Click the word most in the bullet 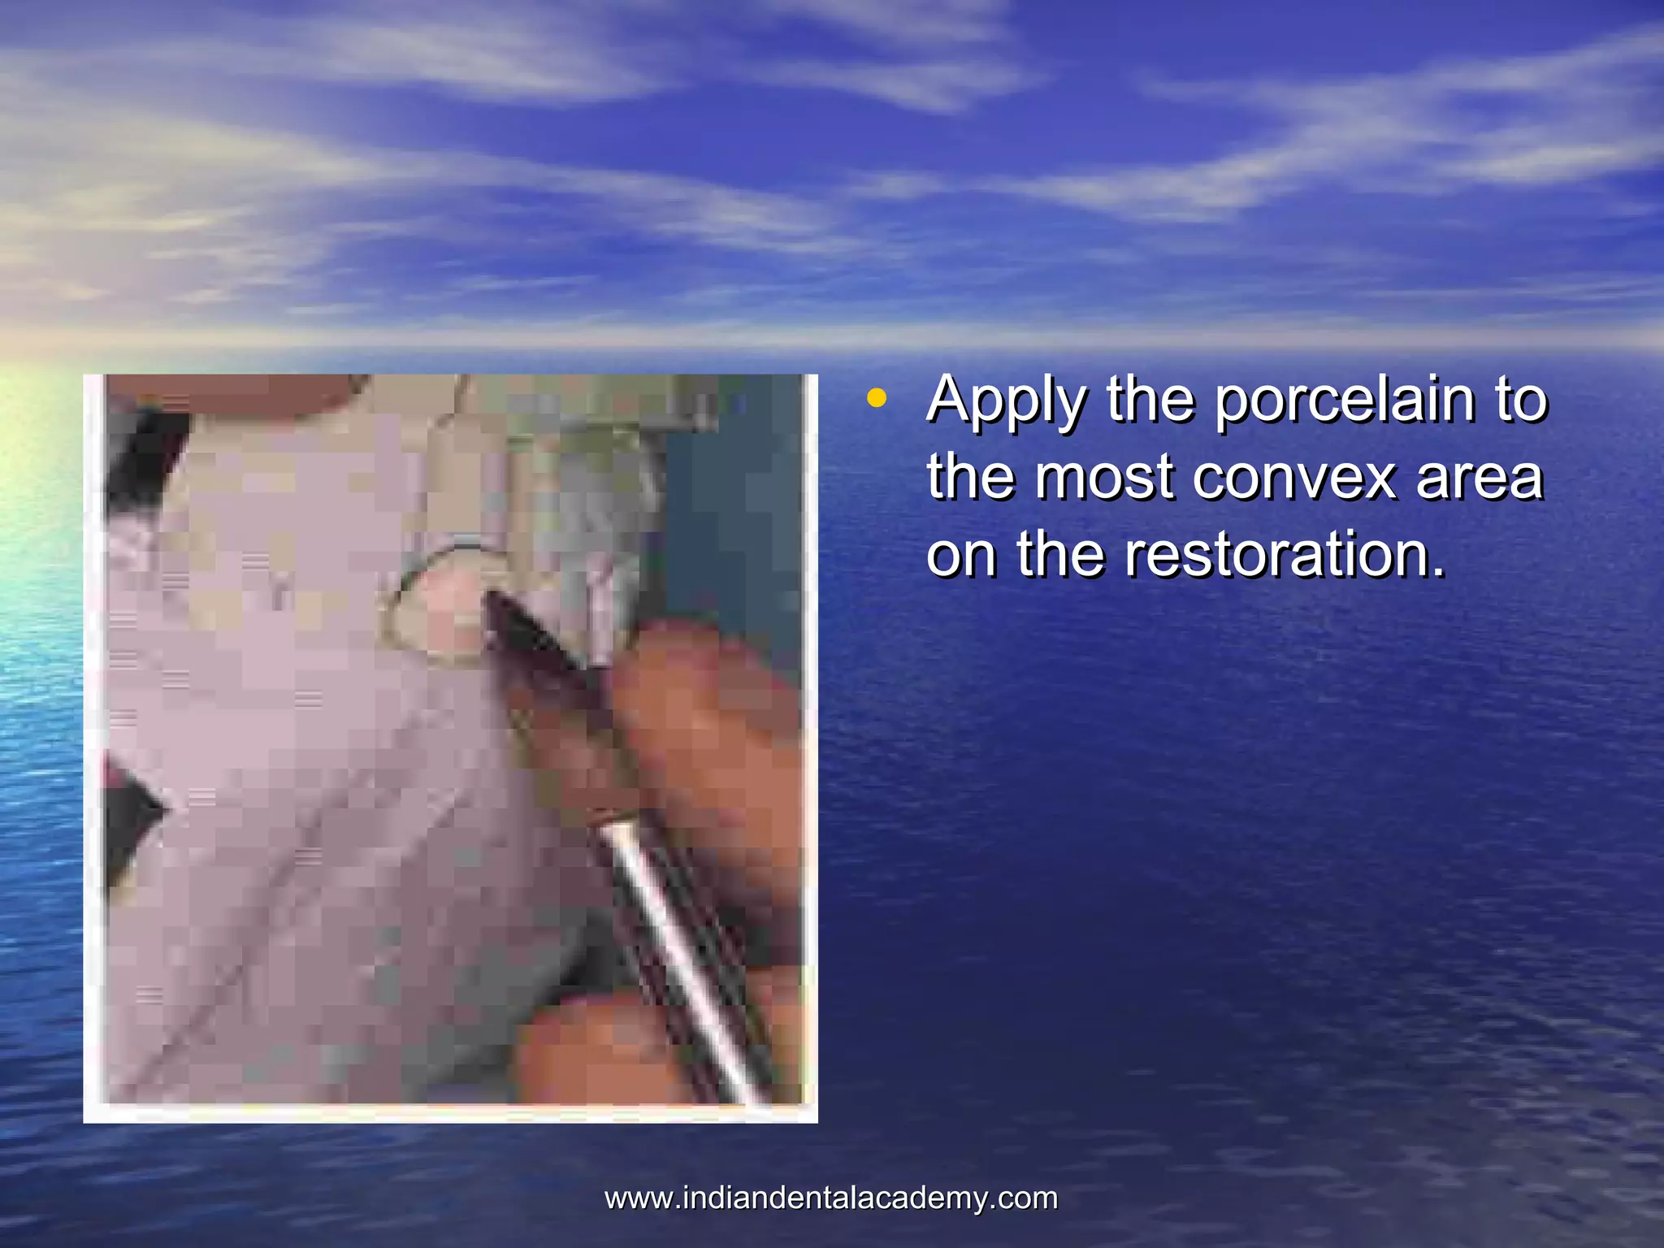(1104, 477)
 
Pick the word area (1479, 477)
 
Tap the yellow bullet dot (875, 398)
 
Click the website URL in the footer (831, 1198)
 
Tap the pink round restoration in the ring (451, 601)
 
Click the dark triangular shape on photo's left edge (130, 812)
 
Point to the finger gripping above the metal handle (699, 715)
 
